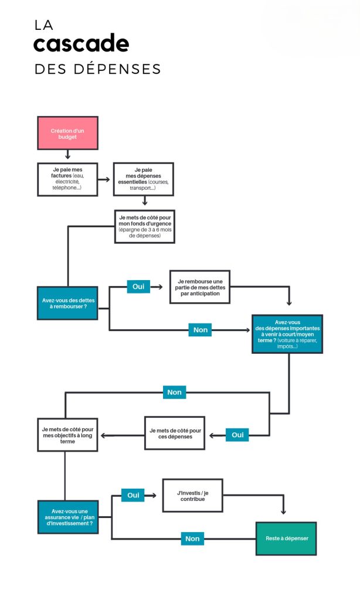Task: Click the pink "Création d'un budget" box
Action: click(67, 133)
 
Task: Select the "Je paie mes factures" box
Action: click(67, 179)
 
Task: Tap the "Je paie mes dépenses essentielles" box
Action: click(143, 179)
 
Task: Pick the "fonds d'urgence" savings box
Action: click(145, 227)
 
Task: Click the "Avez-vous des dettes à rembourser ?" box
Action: click(67, 303)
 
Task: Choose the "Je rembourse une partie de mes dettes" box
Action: click(200, 287)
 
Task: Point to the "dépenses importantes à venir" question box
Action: click(287, 334)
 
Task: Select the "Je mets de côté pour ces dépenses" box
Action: click(175, 433)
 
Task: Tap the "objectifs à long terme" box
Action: click(67, 435)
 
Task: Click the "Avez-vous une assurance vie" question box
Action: click(68, 517)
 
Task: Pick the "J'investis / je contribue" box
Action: click(193, 496)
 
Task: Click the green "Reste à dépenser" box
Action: click(286, 538)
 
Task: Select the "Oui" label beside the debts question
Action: click(138, 287)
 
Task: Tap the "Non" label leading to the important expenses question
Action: click(201, 330)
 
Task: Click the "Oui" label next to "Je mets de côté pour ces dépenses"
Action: click(237, 435)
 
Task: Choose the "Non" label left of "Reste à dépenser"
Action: click(192, 539)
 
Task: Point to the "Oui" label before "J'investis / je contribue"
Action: click(133, 495)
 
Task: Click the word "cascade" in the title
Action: click(81, 43)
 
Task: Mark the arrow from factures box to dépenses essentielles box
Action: click(104, 179)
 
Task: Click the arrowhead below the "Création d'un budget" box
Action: click(68, 156)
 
